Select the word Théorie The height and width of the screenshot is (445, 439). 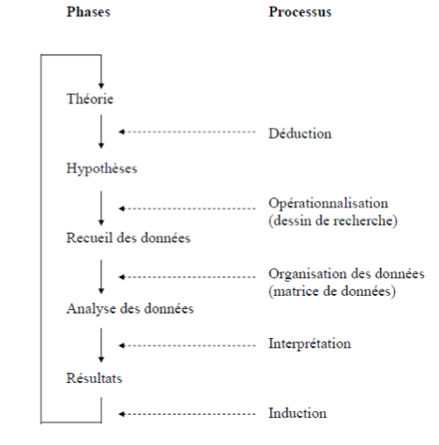91,98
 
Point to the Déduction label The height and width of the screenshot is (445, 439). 299,132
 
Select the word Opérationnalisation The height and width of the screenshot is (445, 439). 327,202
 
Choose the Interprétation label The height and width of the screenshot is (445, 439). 310,344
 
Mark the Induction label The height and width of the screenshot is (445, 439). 297,413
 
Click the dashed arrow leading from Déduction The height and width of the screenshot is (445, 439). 188,132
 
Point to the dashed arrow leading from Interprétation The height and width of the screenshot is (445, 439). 188,344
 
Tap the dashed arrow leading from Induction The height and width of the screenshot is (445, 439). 188,413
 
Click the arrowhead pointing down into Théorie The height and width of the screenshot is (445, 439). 100,80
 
